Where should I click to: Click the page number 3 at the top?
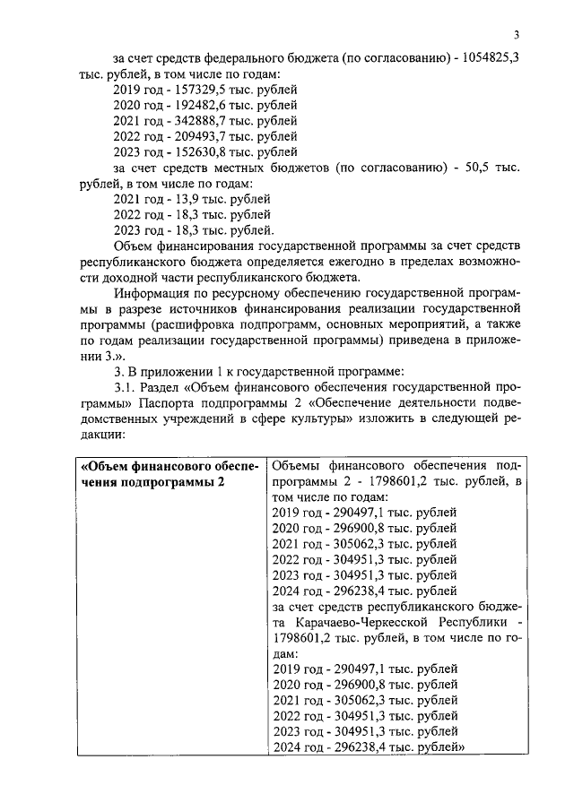(517, 35)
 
